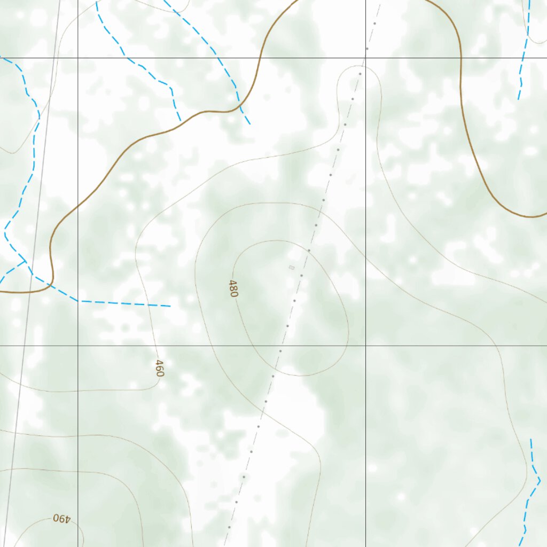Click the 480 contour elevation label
(233, 288)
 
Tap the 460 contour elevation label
(159, 368)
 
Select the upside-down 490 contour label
(62, 518)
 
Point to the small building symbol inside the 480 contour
(291, 267)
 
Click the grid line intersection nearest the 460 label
(78, 346)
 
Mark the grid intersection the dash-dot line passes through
(366, 57)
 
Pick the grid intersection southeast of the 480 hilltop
(366, 346)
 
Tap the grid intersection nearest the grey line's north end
(78, 57)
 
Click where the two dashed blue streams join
(25, 262)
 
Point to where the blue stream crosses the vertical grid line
(78, 301)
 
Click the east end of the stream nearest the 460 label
(170, 306)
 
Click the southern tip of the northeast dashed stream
(518, 99)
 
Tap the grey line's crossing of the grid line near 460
(23, 346)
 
